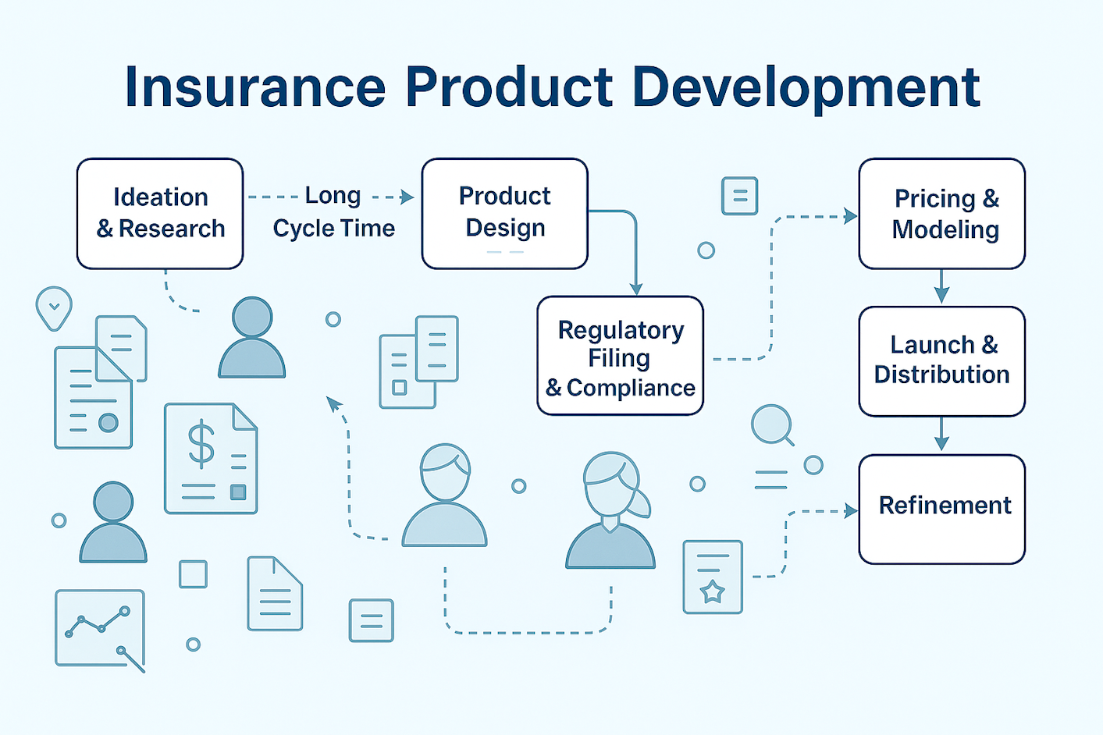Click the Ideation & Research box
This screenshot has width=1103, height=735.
(x=160, y=214)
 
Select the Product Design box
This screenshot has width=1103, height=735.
(x=505, y=214)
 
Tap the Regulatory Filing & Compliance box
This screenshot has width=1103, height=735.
(x=621, y=356)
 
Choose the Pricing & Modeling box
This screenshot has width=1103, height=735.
(x=942, y=214)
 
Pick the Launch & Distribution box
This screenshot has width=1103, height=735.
(x=942, y=361)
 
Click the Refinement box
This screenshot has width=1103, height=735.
(x=942, y=509)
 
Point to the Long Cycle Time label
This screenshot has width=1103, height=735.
(x=334, y=212)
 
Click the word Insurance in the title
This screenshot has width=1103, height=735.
(x=255, y=87)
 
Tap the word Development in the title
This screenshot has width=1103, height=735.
(x=806, y=89)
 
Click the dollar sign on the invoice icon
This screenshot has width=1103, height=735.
(x=201, y=444)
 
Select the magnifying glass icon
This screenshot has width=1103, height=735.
(x=773, y=425)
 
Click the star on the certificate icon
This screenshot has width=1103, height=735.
(x=712, y=591)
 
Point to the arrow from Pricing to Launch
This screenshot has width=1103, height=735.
(x=941, y=286)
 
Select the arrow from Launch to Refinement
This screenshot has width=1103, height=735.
(x=941, y=434)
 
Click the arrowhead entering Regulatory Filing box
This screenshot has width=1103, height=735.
(x=636, y=289)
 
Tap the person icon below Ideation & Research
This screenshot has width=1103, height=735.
(x=252, y=338)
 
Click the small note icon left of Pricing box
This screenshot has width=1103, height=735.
(x=739, y=196)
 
